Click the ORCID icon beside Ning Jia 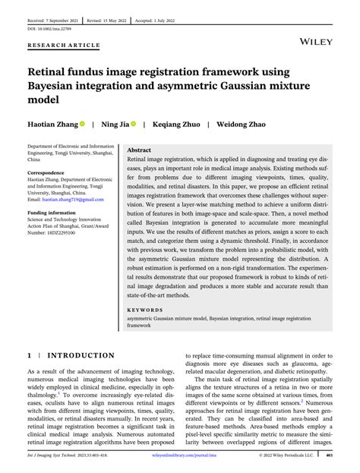[133, 124]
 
